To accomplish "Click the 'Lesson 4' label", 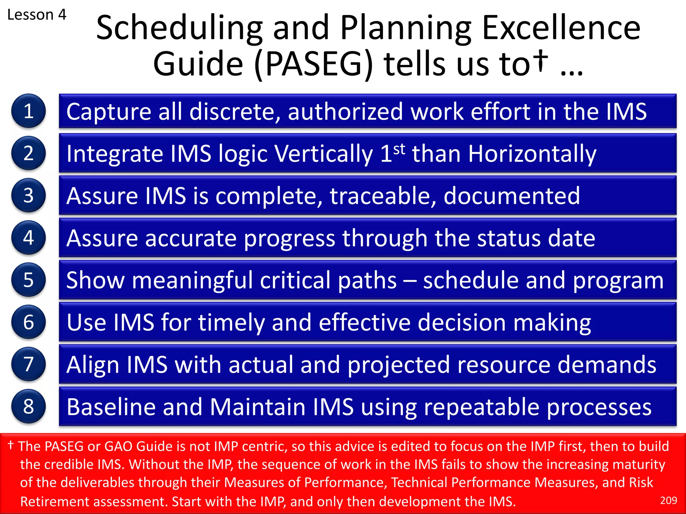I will (37, 15).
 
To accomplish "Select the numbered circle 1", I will (28, 111).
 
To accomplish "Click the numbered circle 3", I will (28, 195).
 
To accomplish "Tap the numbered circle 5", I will (28, 280).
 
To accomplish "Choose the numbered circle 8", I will (28, 406).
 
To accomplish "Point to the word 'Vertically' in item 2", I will (324, 154).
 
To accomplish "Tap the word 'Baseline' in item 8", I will (111, 407).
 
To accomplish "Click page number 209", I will (668, 500).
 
